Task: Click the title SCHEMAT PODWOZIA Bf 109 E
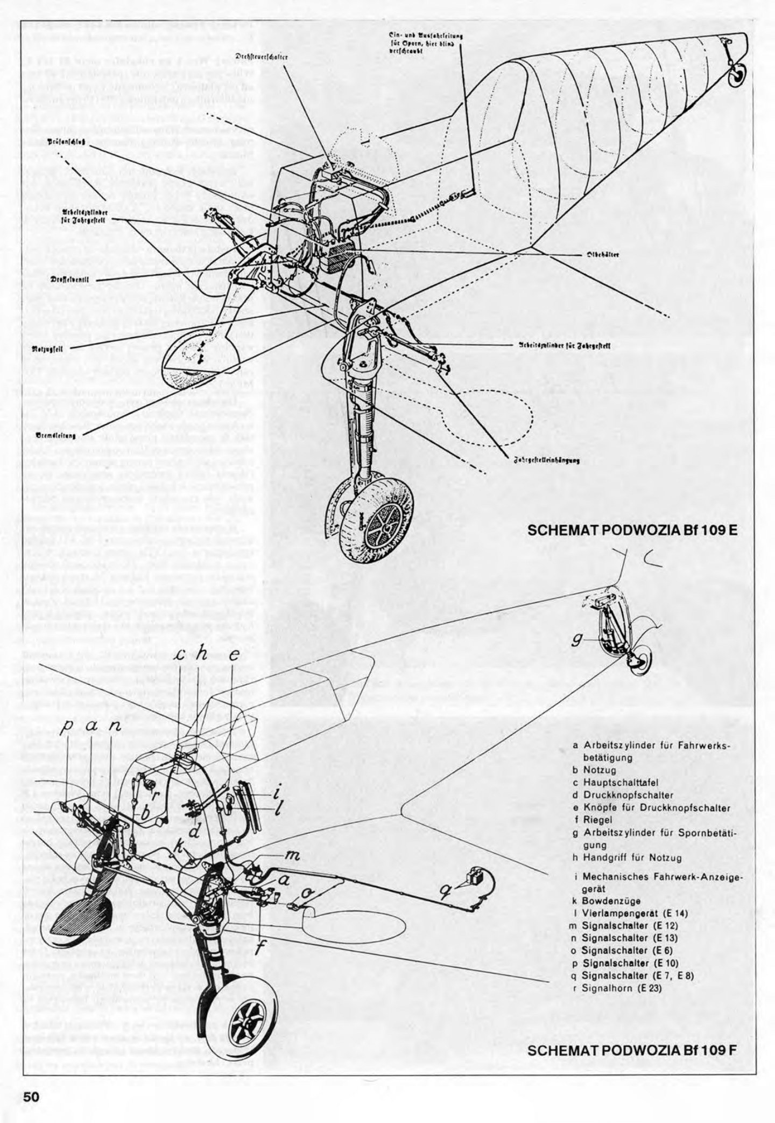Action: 632,529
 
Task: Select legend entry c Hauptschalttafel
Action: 615,782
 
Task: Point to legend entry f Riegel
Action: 594,820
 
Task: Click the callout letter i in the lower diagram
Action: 276,793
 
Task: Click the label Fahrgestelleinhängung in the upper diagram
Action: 546,460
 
